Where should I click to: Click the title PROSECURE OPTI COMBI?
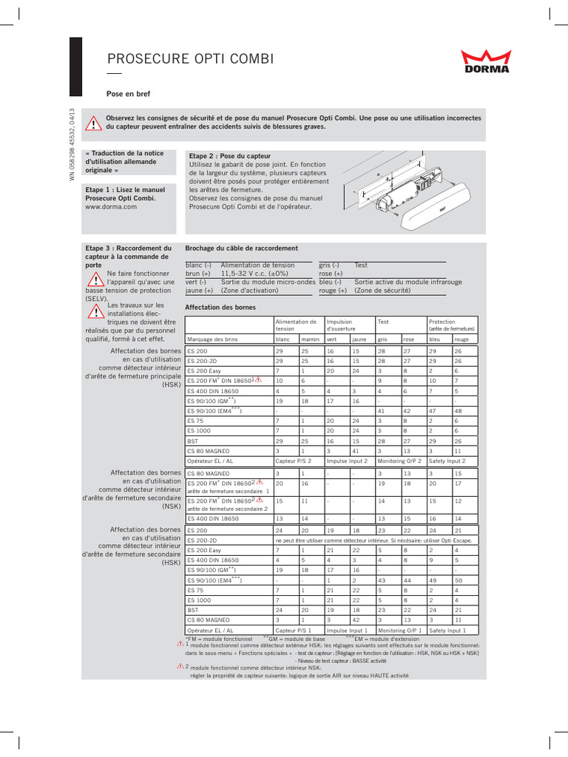[180, 59]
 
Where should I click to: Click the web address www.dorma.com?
[111, 208]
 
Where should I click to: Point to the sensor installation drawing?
[409, 189]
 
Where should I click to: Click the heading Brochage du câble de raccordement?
[241, 248]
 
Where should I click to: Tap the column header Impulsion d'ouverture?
[339, 325]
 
